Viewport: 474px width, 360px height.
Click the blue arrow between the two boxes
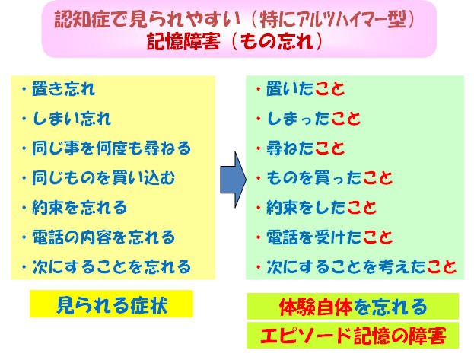click(231, 176)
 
